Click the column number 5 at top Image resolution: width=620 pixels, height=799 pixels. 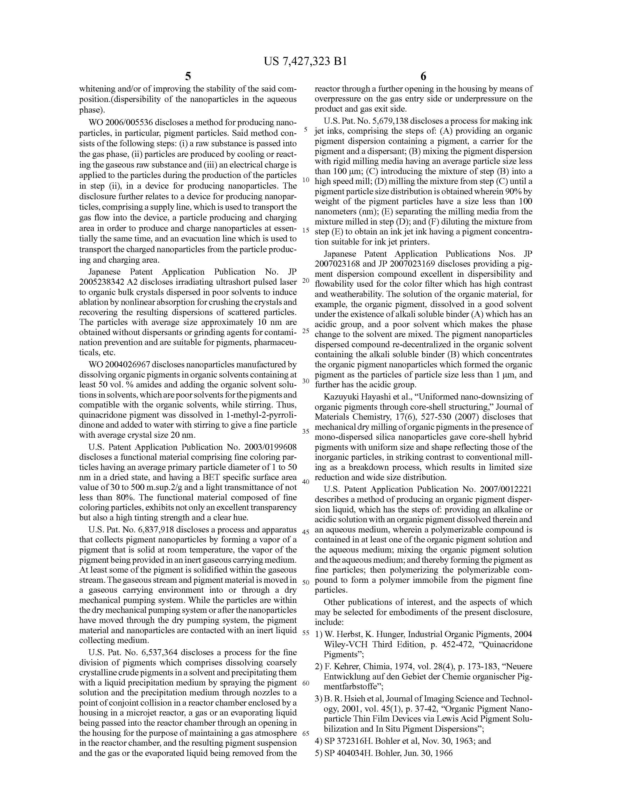click(188, 77)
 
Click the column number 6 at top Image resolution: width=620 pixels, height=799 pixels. click(423, 77)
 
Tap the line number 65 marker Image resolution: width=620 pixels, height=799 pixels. click(306, 734)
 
